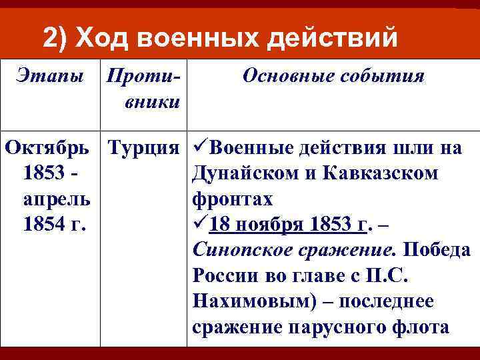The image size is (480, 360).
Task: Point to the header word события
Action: (383, 76)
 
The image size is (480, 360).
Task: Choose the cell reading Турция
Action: (143, 147)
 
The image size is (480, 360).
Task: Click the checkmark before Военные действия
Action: (201, 147)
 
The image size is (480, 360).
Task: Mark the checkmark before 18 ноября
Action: (201, 225)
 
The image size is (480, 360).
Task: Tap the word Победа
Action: (438, 251)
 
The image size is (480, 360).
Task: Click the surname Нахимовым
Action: (251, 302)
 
